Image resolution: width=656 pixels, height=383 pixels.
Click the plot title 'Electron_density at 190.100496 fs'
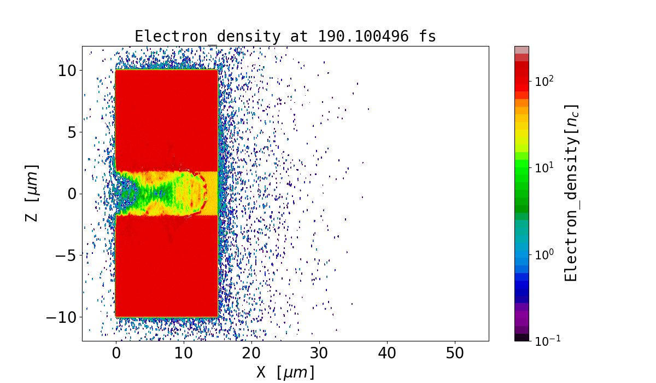click(x=285, y=37)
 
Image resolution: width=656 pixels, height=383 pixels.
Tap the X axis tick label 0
click(x=116, y=353)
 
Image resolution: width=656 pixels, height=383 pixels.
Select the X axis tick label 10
click(x=184, y=353)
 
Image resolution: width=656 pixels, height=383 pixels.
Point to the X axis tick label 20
click(x=251, y=353)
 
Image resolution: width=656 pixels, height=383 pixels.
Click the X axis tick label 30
click(x=319, y=353)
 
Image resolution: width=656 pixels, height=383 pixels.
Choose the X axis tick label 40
click(x=387, y=353)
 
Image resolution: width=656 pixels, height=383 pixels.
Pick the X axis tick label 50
click(x=455, y=353)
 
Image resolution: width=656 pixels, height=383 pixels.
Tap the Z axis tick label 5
click(x=72, y=132)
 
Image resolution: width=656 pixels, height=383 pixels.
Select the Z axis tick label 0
click(x=72, y=194)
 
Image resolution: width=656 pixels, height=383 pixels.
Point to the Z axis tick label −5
click(x=67, y=256)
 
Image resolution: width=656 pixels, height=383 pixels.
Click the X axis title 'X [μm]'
click(x=285, y=373)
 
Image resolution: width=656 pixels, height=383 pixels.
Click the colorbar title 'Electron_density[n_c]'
click(x=571, y=193)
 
